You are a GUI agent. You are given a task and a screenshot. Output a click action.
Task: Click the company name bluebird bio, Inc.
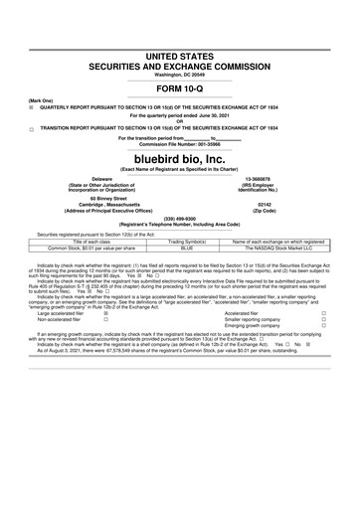[180, 158]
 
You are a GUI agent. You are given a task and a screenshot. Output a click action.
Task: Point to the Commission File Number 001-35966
[180, 144]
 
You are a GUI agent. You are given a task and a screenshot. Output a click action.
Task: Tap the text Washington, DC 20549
[180, 71]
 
